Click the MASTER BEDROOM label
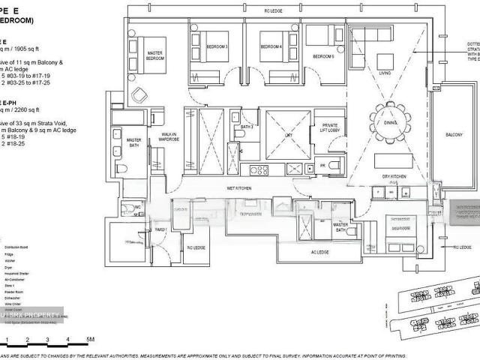tap(155, 55)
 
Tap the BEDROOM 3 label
tap(217, 47)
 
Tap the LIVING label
tap(385, 73)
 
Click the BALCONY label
tap(454, 135)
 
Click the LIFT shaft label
tap(287, 136)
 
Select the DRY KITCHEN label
tap(393, 177)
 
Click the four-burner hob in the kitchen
tap(257, 170)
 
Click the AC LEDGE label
tap(319, 253)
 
